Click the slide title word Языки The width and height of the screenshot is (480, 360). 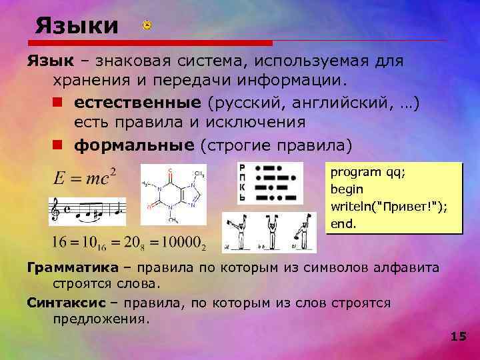[77, 27]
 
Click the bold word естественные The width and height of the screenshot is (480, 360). [137, 104]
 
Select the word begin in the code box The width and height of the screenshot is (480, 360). [346, 189]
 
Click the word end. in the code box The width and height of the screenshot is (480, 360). [343, 225]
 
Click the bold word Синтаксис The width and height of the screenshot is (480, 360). [66, 302]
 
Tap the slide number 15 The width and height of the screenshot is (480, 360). [458, 336]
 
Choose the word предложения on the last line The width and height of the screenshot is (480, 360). [98, 319]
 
